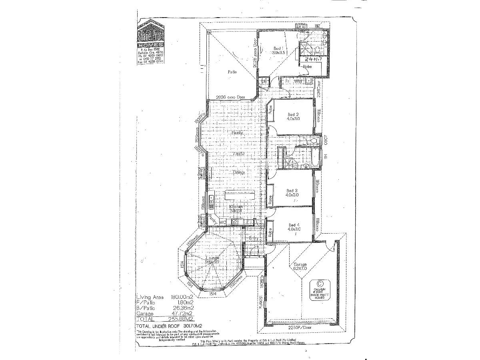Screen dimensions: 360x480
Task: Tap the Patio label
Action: click(x=232, y=72)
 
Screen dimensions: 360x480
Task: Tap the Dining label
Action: click(x=239, y=172)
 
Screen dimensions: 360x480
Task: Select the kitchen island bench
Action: click(x=240, y=195)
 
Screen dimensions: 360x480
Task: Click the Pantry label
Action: click(x=213, y=220)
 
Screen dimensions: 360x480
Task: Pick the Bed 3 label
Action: click(x=292, y=193)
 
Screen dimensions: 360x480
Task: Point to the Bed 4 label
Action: click(x=294, y=227)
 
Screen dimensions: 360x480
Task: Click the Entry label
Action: click(x=254, y=238)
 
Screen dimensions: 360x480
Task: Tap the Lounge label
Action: click(x=212, y=259)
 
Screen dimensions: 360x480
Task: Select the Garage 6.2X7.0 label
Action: click(x=300, y=267)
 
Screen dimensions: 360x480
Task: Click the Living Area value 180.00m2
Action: click(x=182, y=297)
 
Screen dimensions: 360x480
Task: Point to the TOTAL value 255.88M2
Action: click(x=181, y=319)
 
